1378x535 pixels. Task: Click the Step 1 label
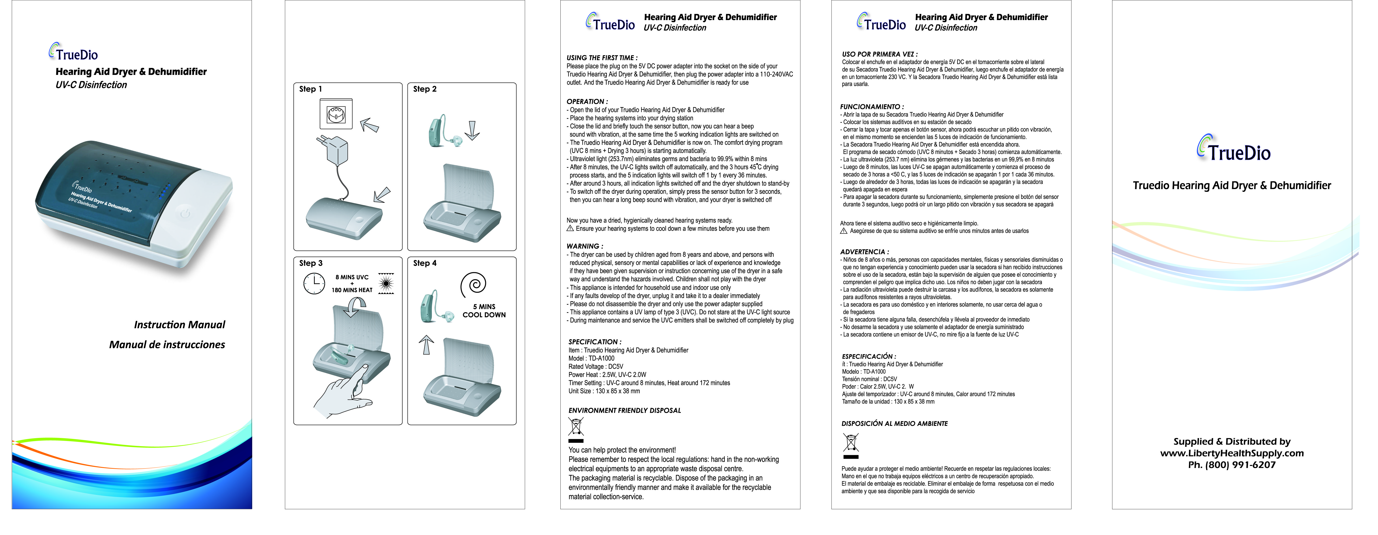click(x=310, y=89)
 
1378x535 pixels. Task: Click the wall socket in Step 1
click(x=336, y=114)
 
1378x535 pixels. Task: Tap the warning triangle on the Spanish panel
click(x=844, y=231)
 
